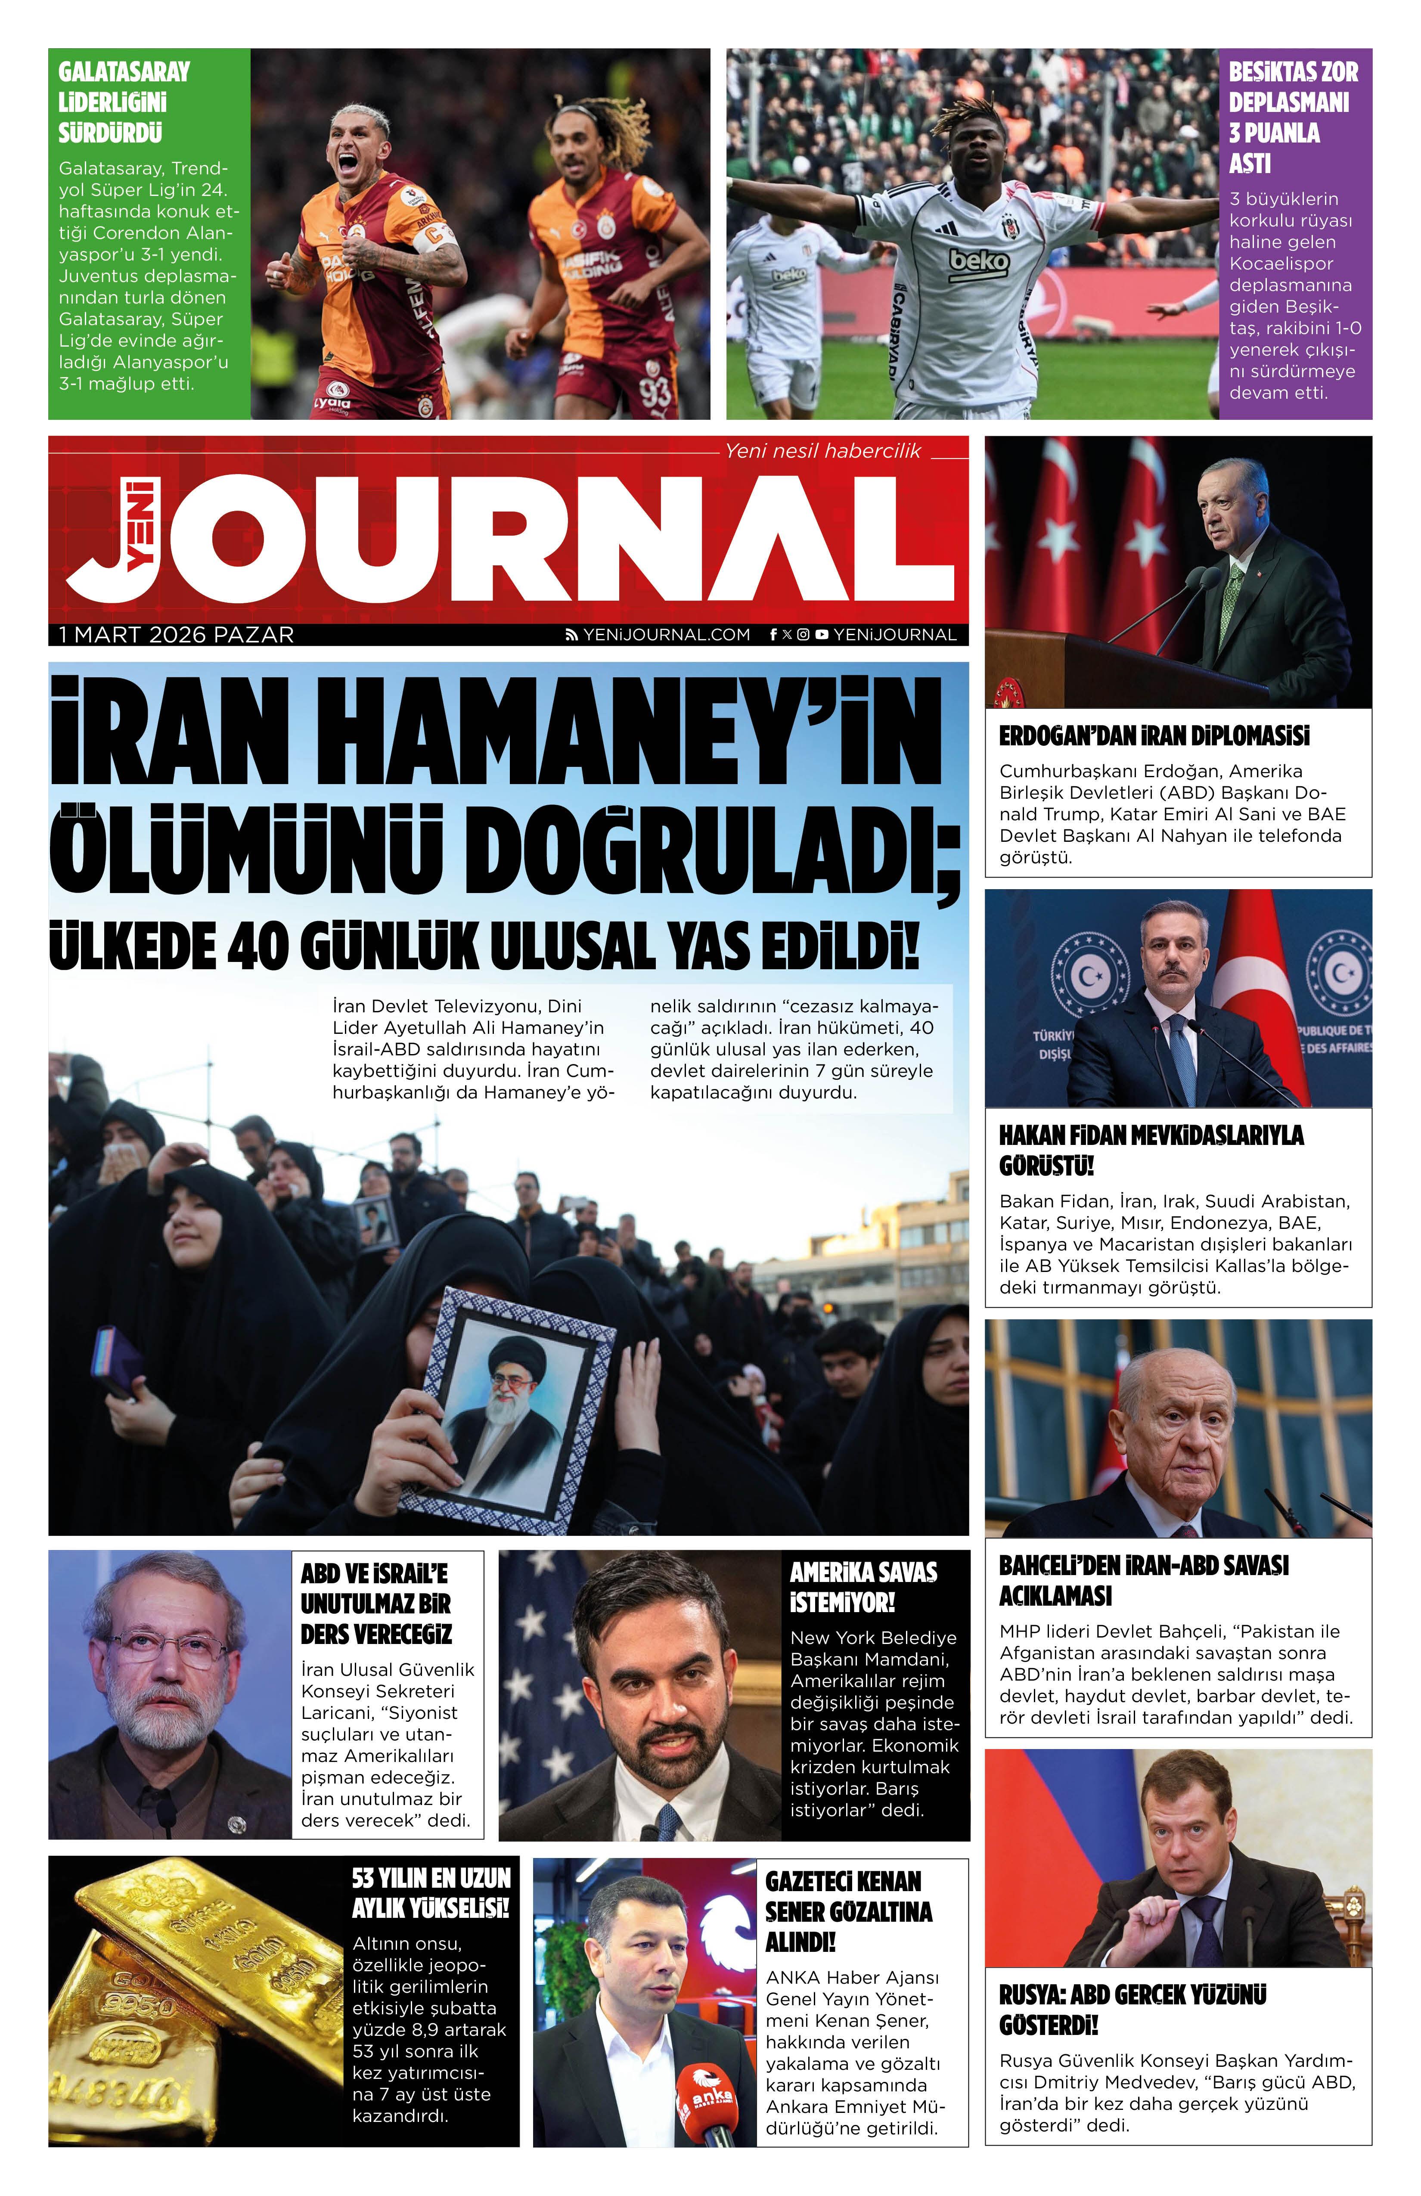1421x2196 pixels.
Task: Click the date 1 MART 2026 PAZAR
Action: click(175, 635)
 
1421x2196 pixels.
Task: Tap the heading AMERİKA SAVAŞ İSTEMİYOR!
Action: click(863, 1587)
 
